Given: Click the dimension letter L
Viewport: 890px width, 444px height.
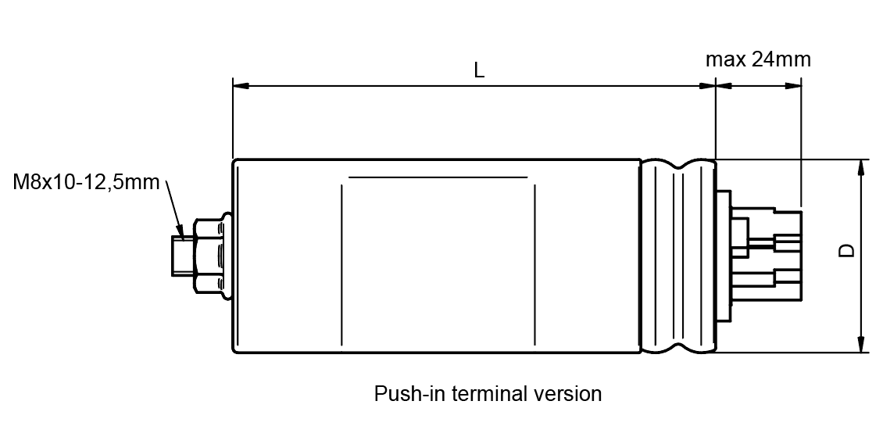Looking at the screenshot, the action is pyautogui.click(x=480, y=70).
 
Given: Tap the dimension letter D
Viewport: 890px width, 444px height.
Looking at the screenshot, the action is pyautogui.click(x=847, y=250).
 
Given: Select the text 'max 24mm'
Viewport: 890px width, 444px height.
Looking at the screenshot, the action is pyautogui.click(x=758, y=59).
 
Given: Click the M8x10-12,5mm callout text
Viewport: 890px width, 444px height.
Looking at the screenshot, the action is pyautogui.click(x=86, y=182).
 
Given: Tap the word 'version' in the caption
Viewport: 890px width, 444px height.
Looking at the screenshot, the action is pyautogui.click(x=567, y=393).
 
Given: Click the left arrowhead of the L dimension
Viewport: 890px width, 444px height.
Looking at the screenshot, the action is pyautogui.click(x=241, y=86).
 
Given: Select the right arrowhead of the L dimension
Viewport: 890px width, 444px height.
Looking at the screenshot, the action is pyautogui.click(x=707, y=86).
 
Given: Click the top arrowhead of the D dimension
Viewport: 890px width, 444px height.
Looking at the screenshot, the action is pyautogui.click(x=862, y=168).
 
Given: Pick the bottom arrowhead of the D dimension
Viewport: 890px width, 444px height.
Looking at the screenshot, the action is pyautogui.click(x=862, y=344).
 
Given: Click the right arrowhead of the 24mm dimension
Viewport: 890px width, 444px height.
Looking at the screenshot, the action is pyautogui.click(x=794, y=86).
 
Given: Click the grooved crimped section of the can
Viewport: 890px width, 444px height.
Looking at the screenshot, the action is pyautogui.click(x=678, y=256).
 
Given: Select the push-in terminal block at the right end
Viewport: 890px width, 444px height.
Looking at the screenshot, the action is pyautogui.click(x=760, y=256).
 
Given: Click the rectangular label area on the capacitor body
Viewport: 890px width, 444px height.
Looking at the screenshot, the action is pyautogui.click(x=438, y=261).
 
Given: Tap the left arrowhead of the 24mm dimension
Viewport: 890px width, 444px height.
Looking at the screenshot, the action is pyautogui.click(x=724, y=86).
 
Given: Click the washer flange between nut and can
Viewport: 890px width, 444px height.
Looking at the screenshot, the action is pyautogui.click(x=227, y=256).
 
